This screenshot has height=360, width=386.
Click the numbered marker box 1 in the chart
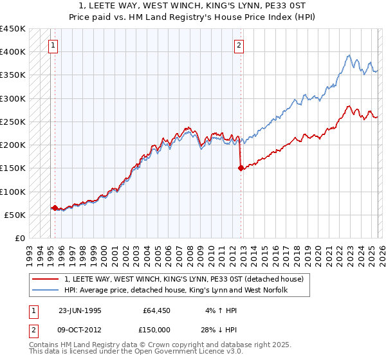coord(52,45)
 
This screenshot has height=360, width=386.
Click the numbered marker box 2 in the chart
coord(239,45)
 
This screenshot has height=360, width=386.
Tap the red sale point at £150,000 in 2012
coord(241,168)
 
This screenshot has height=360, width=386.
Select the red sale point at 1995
coord(55,208)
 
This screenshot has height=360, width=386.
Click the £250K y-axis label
coord(13,122)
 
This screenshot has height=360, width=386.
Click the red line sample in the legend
coord(46,279)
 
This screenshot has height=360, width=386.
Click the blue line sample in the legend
coord(46,291)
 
